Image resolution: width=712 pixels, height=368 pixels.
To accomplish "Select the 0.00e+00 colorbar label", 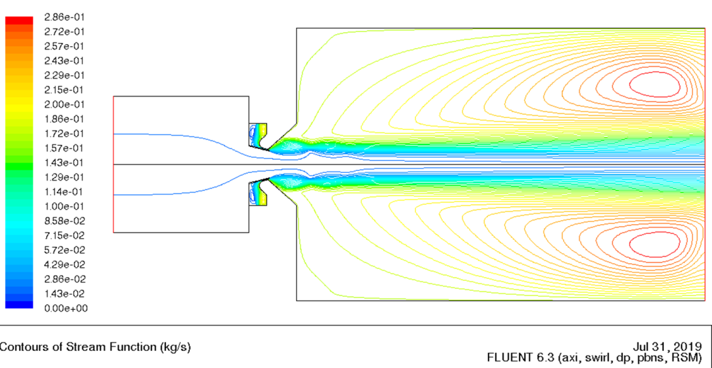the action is pyautogui.click(x=66, y=309).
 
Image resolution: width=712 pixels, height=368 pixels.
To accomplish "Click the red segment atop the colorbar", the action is pyautogui.click(x=19, y=20).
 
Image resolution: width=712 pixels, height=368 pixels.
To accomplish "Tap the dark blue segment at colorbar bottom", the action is pyautogui.click(x=19, y=305).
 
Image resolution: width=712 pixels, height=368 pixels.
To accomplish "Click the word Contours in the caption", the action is pyautogui.click(x=18, y=348).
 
